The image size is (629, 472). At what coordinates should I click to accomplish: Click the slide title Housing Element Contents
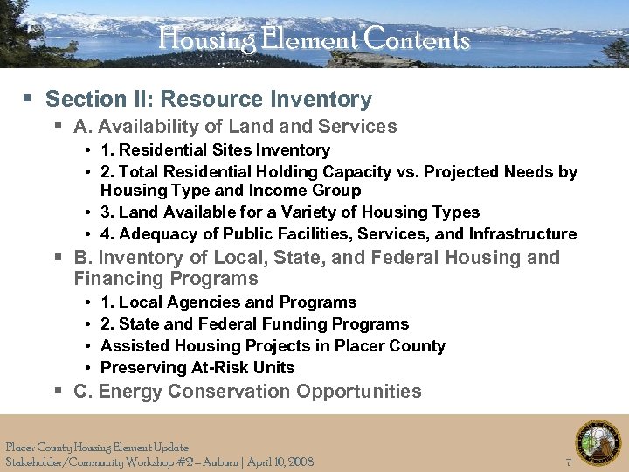[314, 40]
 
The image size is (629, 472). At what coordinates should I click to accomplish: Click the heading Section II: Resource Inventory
[208, 100]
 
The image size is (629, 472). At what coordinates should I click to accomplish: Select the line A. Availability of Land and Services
[235, 127]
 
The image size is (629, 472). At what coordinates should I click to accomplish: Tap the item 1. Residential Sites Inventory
[215, 150]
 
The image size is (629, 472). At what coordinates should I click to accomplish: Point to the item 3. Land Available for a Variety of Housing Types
[290, 212]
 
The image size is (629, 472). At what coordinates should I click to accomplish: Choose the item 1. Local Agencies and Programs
[228, 302]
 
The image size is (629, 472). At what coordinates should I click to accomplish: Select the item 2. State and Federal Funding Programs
[254, 324]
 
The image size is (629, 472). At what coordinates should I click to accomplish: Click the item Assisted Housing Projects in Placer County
[273, 346]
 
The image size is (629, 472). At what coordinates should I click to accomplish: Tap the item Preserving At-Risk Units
[197, 368]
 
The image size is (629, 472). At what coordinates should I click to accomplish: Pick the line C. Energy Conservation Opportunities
[247, 392]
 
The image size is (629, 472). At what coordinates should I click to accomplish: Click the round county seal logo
[598, 443]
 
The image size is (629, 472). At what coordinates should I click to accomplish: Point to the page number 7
[569, 462]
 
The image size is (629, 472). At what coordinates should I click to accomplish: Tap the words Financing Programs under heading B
[166, 280]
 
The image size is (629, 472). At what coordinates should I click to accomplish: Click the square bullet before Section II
[31, 101]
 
